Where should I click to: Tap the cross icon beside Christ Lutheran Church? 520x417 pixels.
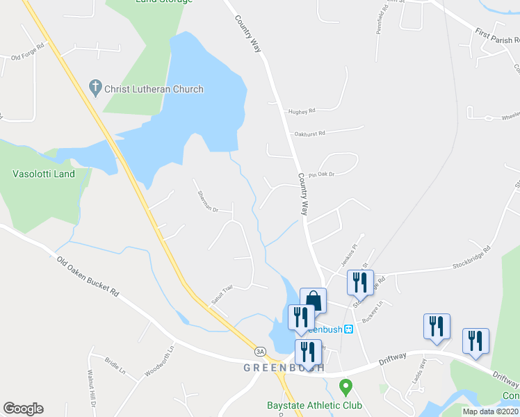[x=95, y=88]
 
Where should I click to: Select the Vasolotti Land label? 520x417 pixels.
[x=44, y=174]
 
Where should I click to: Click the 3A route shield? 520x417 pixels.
[x=260, y=351]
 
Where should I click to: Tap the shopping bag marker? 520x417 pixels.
[x=313, y=301]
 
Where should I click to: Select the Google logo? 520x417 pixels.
[x=23, y=409]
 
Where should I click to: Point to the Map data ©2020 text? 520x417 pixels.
[x=491, y=411]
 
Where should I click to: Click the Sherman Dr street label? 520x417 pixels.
[x=208, y=201]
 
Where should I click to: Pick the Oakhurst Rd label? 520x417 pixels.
[x=309, y=133]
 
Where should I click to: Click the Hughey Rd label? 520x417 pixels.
[x=302, y=111]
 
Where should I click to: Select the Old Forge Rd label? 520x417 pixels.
[x=28, y=52]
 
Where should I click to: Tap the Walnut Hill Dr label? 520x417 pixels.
[x=92, y=394]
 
